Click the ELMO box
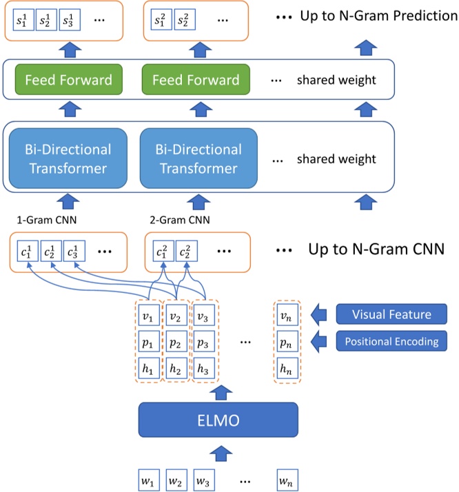tap(218, 420)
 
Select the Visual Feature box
tap(391, 314)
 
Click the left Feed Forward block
tap(68, 80)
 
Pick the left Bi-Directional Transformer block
tap(68, 158)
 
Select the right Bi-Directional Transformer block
tap(198, 158)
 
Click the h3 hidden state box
tap(203, 368)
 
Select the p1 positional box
tap(147, 342)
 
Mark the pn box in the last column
tap(286, 342)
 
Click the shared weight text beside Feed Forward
tap(336, 80)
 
